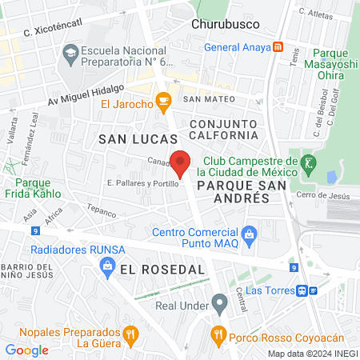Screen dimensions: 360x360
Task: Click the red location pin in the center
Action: pos(181,162)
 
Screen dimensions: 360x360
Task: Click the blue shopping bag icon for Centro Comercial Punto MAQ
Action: pos(250,234)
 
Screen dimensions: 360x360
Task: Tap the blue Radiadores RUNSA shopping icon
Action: pos(107,266)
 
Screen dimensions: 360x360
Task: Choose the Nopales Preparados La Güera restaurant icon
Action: pos(130,334)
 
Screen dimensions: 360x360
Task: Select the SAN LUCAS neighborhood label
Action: pos(132,139)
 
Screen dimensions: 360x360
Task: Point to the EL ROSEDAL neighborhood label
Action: pos(163,270)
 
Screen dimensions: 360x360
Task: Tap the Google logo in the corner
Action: pos(26,350)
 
